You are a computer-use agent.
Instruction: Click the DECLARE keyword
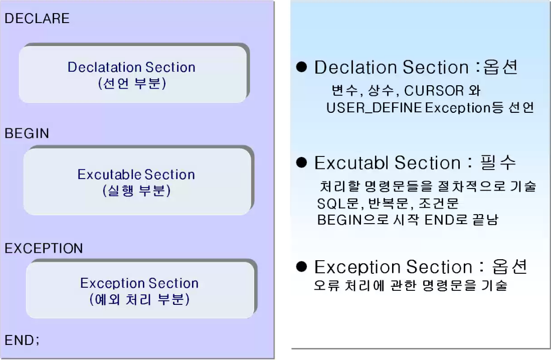[x=37, y=19]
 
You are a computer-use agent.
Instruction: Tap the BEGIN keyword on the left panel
[x=27, y=133]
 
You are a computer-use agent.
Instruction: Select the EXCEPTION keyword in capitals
[x=44, y=248]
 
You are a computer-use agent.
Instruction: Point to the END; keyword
[x=22, y=340]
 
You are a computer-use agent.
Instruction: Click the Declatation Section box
[x=133, y=74]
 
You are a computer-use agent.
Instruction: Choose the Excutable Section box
[x=136, y=182]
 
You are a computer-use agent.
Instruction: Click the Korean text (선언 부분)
[x=132, y=83]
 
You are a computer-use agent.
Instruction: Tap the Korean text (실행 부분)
[x=136, y=191]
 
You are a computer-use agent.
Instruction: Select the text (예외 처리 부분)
[x=139, y=300]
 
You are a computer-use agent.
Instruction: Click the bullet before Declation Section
[x=301, y=67]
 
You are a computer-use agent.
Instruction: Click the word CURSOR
[x=434, y=91]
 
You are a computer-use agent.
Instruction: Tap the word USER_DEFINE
[x=374, y=108]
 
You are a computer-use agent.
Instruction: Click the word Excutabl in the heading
[x=351, y=163]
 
